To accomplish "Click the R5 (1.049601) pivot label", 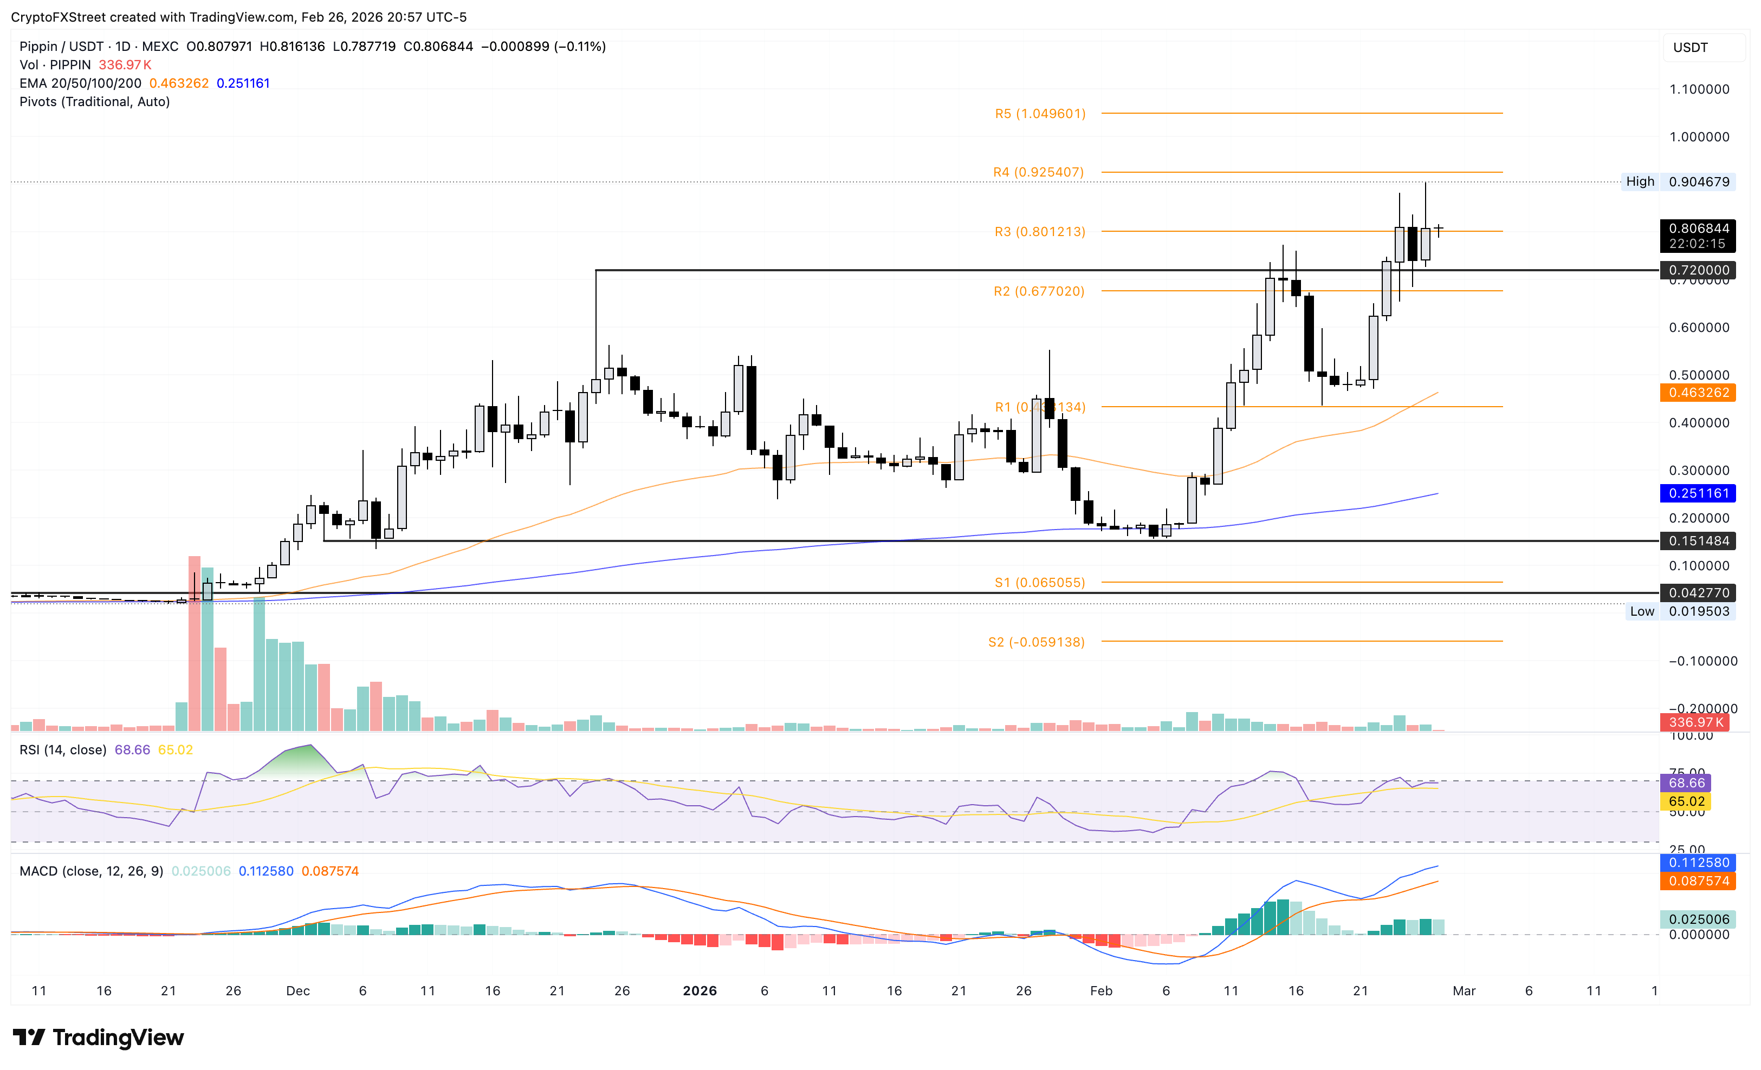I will point(1040,114).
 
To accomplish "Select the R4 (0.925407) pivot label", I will point(1038,172).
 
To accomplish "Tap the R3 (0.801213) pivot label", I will point(1040,231).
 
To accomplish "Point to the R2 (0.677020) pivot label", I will point(1038,291).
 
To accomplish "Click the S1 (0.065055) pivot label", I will point(1040,583).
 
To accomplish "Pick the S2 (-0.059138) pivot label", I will point(1037,642).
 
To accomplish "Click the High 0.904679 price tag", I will point(1676,181).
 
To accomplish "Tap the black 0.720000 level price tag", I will point(1698,270).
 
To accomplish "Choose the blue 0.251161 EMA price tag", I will point(1698,493).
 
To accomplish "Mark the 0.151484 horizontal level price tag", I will point(1698,541).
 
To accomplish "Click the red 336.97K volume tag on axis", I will point(1695,722).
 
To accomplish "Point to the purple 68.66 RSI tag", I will point(1685,783).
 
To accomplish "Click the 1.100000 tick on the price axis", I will point(1699,89).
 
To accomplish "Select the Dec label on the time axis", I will point(297,991).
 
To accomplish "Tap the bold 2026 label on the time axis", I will point(699,991).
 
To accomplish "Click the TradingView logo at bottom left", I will point(99,1037).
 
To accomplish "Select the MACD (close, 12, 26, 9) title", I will point(92,871).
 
